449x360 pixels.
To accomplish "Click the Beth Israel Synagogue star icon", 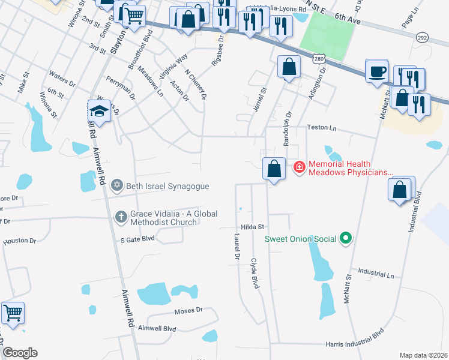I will coord(117,187).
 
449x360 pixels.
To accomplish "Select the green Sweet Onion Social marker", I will coord(345,239).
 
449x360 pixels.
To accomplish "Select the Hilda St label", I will coord(253,227).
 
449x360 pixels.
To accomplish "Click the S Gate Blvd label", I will coord(137,238).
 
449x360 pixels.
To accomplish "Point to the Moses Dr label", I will coord(188,311).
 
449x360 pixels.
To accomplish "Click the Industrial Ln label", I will coord(375,274).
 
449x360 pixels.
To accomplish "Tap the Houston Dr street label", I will coord(19,241).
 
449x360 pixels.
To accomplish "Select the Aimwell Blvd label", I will coord(157,329).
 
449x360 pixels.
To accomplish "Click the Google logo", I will coord(20,353).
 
